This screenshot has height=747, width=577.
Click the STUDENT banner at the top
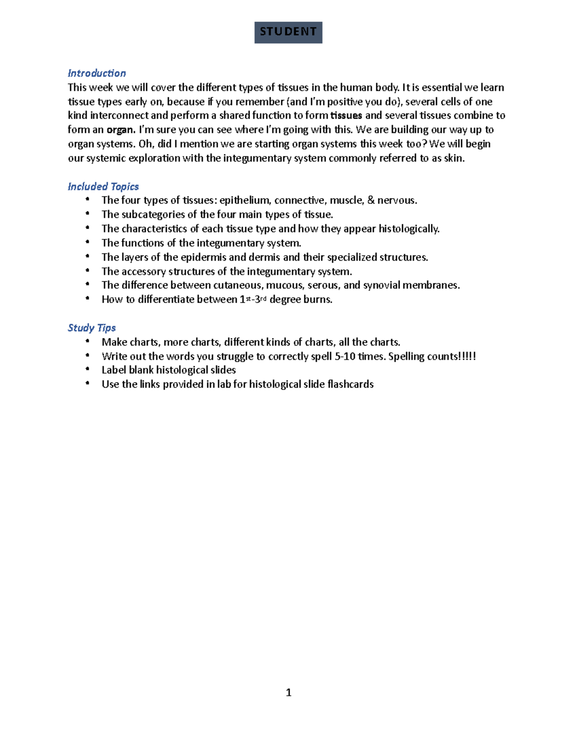pyautogui.click(x=288, y=32)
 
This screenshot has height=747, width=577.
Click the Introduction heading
pyautogui.click(x=97, y=73)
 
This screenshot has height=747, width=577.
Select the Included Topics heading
pyautogui.click(x=103, y=187)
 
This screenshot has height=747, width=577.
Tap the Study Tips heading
pyautogui.click(x=91, y=328)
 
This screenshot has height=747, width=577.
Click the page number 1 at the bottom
pyautogui.click(x=288, y=693)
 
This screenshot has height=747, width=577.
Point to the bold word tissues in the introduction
pyautogui.click(x=346, y=115)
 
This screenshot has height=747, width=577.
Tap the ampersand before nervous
pyautogui.click(x=371, y=201)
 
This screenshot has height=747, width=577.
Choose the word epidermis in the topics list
pyautogui.click(x=205, y=257)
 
